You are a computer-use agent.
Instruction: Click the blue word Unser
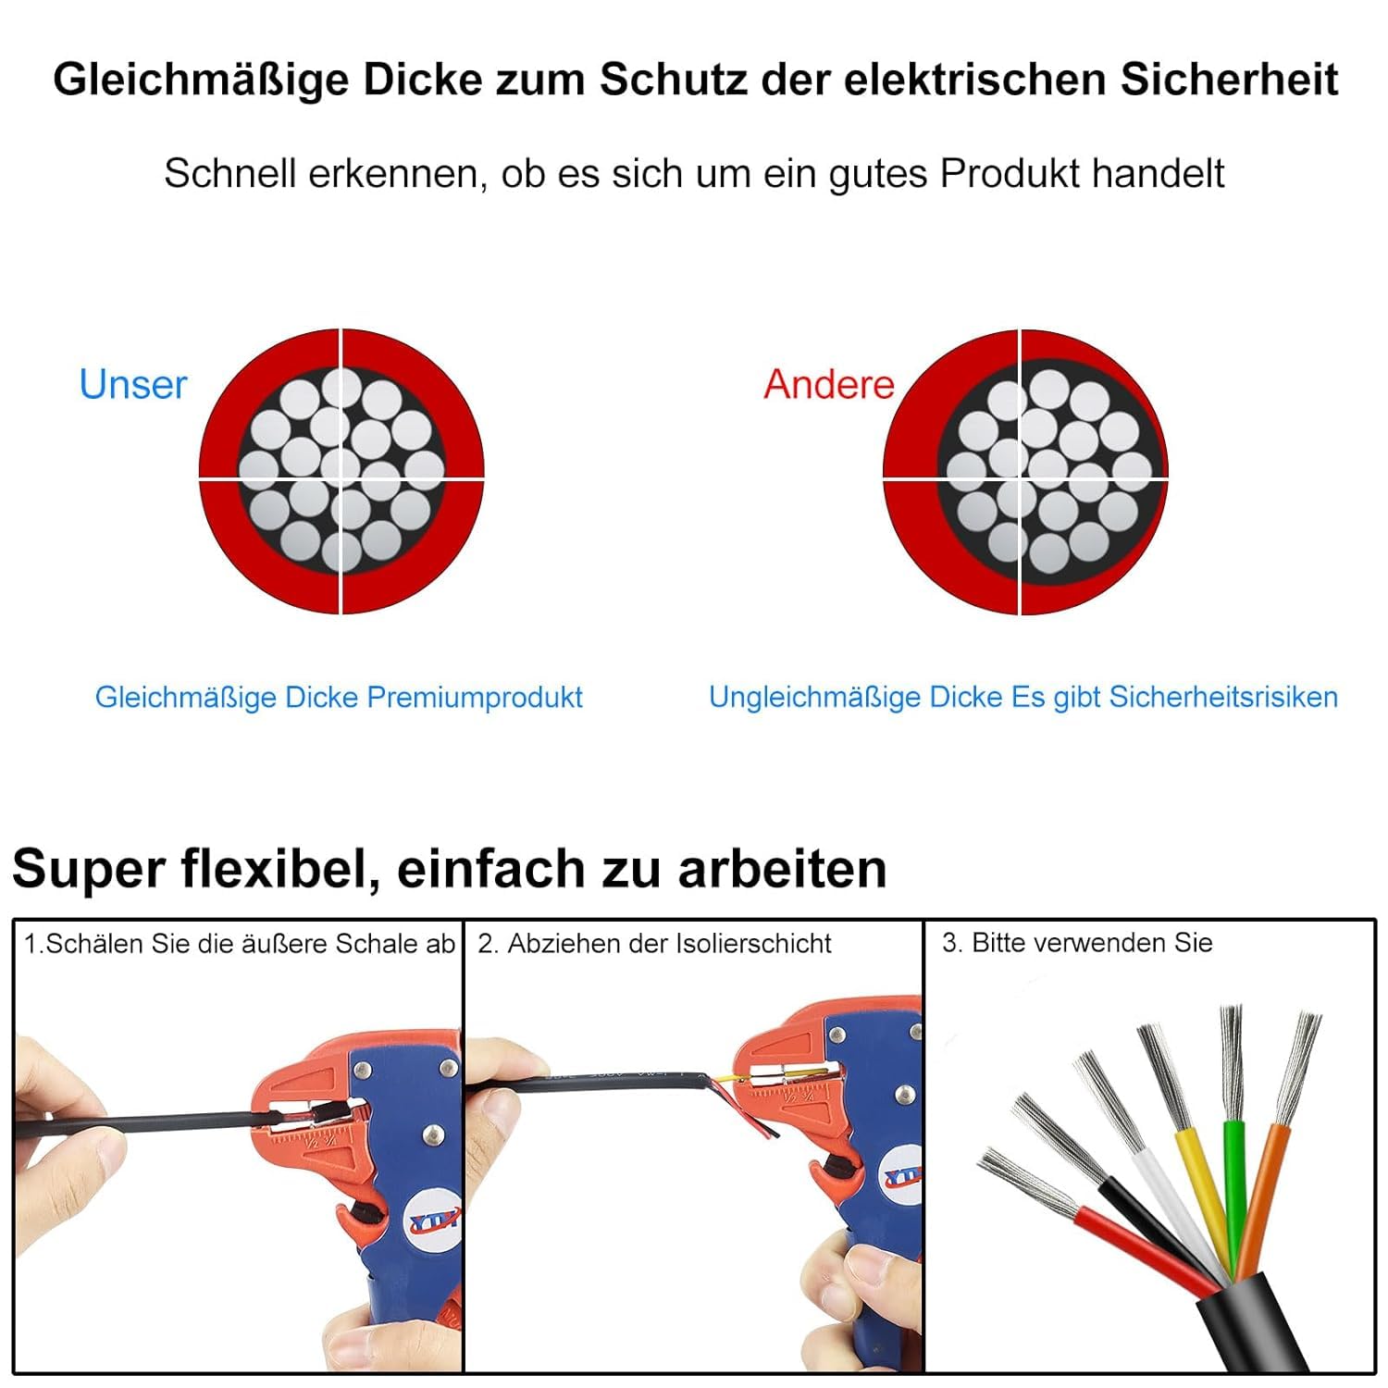(x=133, y=384)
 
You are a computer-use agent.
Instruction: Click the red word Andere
(x=829, y=384)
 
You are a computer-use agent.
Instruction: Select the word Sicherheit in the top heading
(x=1229, y=79)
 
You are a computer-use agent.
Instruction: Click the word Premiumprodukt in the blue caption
(x=475, y=697)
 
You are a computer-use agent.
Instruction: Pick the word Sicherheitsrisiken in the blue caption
(x=1223, y=697)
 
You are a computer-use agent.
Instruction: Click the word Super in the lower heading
(x=89, y=870)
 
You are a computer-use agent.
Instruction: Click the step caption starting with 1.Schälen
(x=240, y=944)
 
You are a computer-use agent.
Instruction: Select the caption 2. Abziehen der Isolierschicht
(x=654, y=943)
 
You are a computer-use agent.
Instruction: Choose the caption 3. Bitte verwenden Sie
(x=1077, y=942)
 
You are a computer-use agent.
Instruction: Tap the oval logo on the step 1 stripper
(x=434, y=1222)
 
